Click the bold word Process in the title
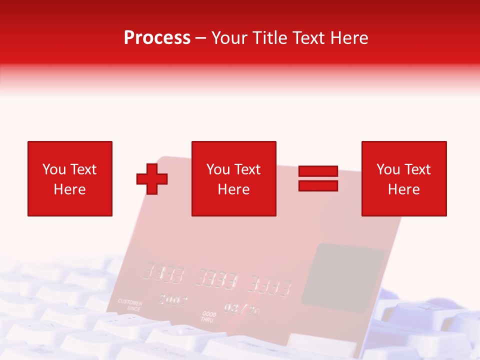157,38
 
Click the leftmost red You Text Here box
69,178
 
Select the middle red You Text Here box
233,178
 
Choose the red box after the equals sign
403,178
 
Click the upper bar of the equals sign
318,171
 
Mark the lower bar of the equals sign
318,185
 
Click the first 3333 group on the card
163,273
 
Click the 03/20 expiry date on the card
241,308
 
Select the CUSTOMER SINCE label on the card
130,305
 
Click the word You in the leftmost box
54,169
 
